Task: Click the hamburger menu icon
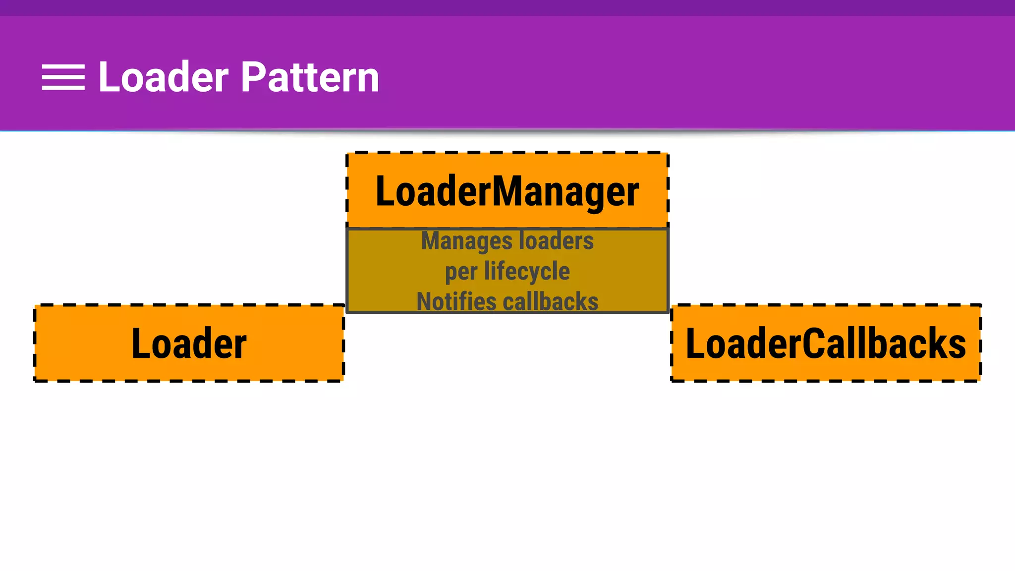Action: pos(63,77)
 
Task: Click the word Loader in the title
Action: pos(164,77)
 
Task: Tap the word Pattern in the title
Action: pos(310,77)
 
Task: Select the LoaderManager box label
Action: pos(507,191)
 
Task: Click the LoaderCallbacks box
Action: pos(826,343)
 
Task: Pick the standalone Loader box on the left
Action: pos(189,343)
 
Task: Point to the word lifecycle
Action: pos(527,271)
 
